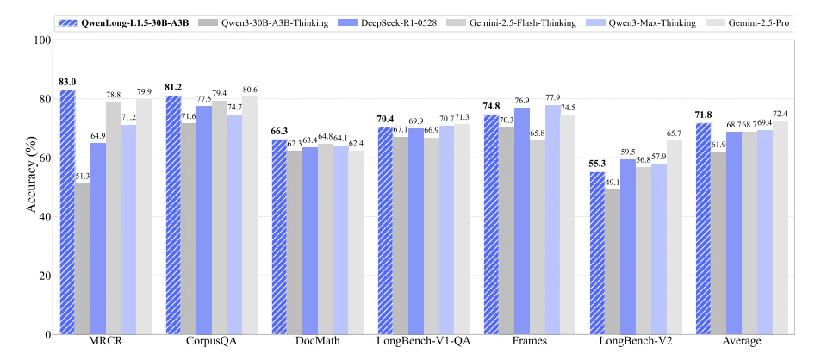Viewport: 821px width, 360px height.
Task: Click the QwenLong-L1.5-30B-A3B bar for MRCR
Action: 67,212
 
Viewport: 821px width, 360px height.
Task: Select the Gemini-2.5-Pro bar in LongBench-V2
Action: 675,237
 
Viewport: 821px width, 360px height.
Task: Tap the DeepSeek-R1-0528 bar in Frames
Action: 521,220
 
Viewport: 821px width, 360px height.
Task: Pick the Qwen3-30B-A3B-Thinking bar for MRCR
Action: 83,258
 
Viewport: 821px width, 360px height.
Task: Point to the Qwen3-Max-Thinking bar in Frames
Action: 552,220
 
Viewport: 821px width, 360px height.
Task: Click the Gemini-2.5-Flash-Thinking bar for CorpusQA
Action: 220,217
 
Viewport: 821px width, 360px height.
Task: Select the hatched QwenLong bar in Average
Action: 703,228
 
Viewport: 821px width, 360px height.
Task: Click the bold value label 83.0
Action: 68,82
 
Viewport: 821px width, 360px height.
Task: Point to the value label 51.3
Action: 83,177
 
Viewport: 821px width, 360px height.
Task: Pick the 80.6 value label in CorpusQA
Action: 250,90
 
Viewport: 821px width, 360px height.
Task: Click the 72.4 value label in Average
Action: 781,114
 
